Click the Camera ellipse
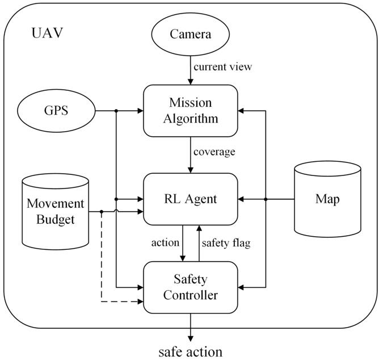pos(191,34)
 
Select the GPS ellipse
pos(56,110)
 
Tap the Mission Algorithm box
pos(191,111)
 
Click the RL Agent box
pos(191,199)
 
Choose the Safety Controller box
pos(191,287)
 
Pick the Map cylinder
pos(328,199)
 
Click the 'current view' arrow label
pos(223,67)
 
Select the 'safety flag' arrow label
pos(226,243)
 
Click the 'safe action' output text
pos(191,350)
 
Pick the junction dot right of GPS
pos(115,110)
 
